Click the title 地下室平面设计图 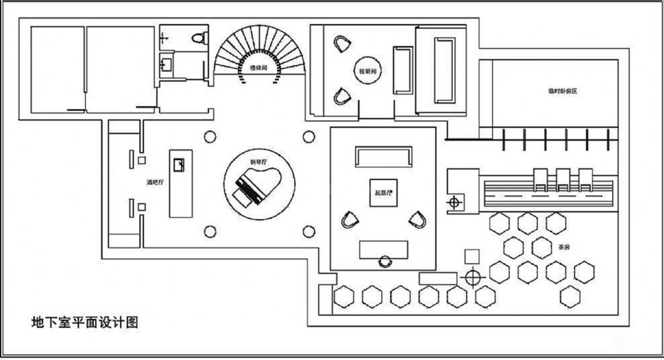click(84, 323)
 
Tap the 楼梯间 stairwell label click(259, 67)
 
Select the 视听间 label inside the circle click(367, 70)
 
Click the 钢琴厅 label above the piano click(258, 161)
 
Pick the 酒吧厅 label click(156, 181)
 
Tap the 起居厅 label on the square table click(384, 193)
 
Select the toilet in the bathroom click(197, 37)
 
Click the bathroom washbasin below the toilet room click(167, 64)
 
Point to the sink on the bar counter click(178, 163)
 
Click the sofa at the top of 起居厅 click(383, 157)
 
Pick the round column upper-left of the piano click(210, 137)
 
